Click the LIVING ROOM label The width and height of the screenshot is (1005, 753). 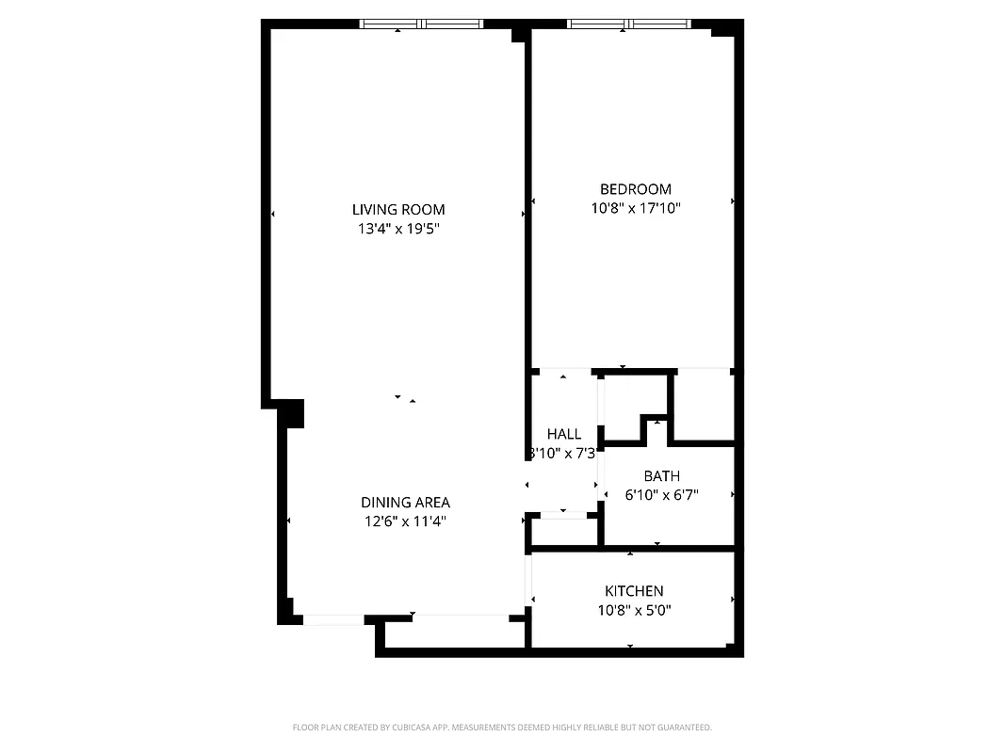click(x=398, y=210)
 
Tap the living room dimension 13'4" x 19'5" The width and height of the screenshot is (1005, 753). click(x=398, y=228)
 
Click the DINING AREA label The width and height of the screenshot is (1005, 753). click(x=405, y=503)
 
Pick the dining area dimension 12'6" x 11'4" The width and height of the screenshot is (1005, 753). click(x=405, y=521)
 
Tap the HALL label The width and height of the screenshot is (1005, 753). click(x=564, y=434)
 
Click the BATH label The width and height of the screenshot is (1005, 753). click(x=661, y=476)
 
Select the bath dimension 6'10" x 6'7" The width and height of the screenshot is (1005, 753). click(x=661, y=494)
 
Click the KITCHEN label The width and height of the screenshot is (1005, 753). click(x=634, y=591)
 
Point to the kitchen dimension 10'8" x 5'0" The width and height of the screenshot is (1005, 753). click(x=634, y=610)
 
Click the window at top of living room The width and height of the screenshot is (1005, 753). click(x=421, y=24)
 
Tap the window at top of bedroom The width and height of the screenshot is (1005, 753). click(x=628, y=24)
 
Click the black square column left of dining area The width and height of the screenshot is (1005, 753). click(x=293, y=413)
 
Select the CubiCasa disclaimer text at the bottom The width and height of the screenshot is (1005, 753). click(x=502, y=728)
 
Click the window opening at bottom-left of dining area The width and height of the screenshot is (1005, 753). click(x=332, y=619)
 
